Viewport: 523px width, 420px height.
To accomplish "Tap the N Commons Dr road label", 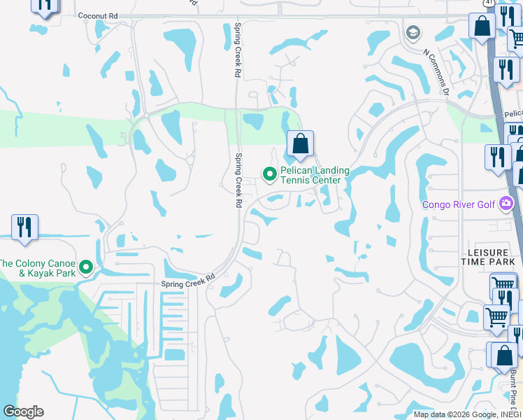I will [435, 70].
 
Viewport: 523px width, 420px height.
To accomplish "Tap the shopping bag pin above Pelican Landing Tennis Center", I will [300, 144].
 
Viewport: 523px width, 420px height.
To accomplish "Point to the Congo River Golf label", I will [459, 205].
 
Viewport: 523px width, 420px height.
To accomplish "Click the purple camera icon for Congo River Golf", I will [506, 204].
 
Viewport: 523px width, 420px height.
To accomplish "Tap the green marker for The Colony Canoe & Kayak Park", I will [87, 267].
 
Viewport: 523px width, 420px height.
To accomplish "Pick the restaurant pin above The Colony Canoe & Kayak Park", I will [24, 227].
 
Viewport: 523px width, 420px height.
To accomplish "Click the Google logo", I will [23, 412].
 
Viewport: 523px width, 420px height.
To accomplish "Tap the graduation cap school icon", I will [413, 32].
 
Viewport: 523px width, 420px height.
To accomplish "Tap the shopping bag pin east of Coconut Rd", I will [482, 26].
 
